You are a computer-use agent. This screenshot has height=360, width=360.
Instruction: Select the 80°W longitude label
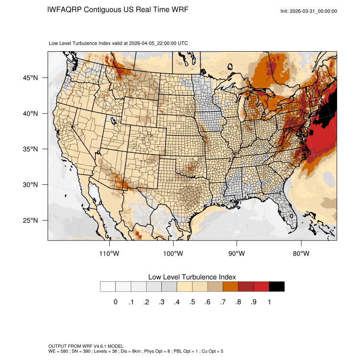(301, 254)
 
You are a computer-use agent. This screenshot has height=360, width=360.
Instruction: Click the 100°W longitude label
(173, 254)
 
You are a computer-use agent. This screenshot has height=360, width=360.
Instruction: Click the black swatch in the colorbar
(277, 287)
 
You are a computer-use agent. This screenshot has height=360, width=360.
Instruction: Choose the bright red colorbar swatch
(261, 287)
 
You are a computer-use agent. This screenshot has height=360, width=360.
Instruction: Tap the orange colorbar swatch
(231, 287)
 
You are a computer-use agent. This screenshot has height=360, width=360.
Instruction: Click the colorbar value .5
(192, 302)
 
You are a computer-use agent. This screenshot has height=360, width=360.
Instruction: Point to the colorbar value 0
(115, 302)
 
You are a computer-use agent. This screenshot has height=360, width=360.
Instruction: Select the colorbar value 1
(269, 302)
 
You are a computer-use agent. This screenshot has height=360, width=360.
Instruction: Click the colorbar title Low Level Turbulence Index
(192, 277)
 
